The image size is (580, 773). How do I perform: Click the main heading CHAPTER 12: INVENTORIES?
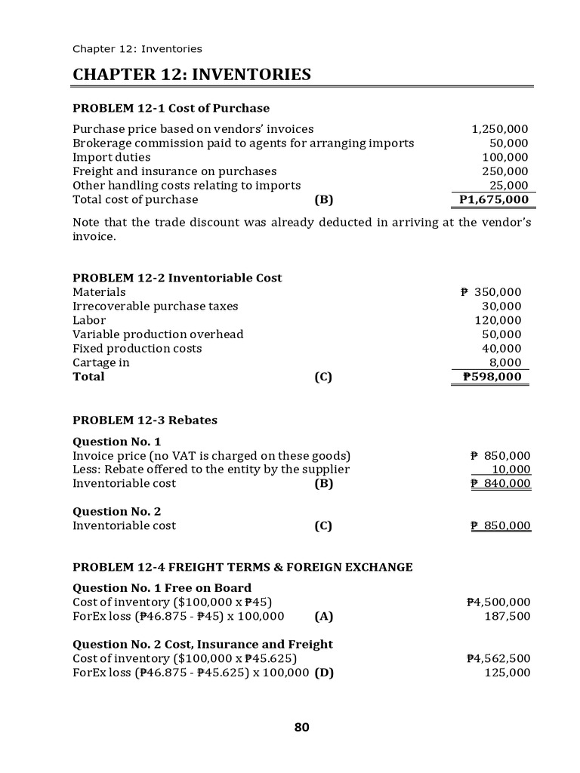191,75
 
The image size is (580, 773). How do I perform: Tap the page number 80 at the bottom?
301,728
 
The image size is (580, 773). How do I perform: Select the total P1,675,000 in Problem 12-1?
493,200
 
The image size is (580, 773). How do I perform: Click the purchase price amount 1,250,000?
499,129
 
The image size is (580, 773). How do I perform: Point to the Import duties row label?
111,157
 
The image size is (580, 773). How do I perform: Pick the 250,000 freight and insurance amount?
505,171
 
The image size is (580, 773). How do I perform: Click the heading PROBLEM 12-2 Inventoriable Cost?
177,278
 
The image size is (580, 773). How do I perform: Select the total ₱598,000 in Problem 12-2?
492,377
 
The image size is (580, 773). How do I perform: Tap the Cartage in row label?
100,362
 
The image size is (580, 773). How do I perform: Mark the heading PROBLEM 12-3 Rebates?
144,420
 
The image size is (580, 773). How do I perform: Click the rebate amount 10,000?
511,470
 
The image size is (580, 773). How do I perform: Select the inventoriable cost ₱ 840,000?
500,484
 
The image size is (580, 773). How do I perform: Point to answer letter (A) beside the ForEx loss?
323,616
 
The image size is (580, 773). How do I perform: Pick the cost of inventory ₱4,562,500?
498,658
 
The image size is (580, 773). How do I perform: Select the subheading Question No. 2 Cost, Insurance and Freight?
202,644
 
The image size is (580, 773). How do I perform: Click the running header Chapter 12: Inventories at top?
137,49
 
